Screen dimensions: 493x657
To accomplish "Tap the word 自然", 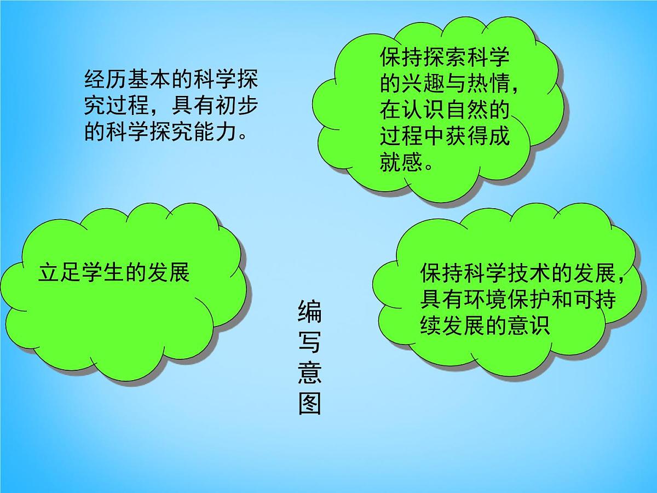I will (x=466, y=110).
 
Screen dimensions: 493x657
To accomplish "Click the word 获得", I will (x=466, y=135).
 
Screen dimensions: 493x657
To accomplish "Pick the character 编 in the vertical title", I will (x=309, y=312).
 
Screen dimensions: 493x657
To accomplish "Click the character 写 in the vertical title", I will (x=309, y=342).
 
